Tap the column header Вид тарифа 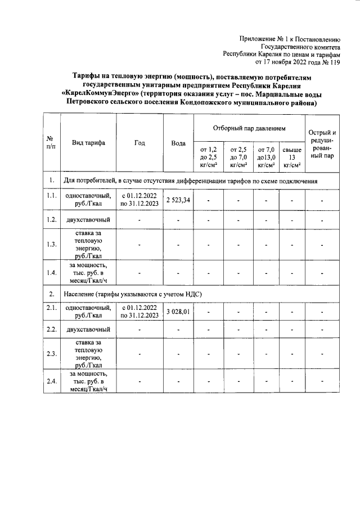pos(88,143)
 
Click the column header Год pos(140,143)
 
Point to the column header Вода pos(178,143)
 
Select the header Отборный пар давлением pos(249,128)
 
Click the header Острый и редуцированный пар pos(322,143)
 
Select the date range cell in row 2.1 pos(140,311)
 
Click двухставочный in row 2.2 pos(88,329)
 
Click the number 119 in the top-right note pos(335,62)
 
